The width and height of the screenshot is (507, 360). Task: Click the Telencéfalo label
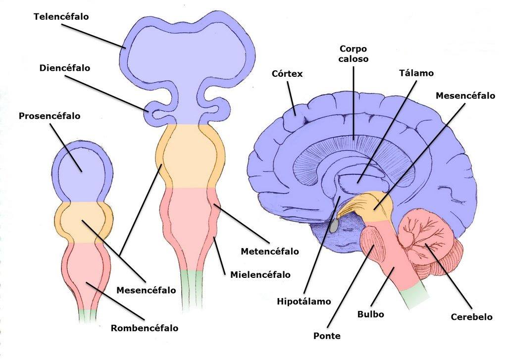pos(61,16)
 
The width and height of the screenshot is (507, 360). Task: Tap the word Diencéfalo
pos(65,68)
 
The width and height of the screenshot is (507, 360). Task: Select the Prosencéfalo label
pos(50,116)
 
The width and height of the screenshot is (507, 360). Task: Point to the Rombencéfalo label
pos(145,328)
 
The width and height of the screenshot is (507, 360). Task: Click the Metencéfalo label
pos(270,252)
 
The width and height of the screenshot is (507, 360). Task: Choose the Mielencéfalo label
pos(260,275)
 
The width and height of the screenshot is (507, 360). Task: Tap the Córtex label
pos(287,74)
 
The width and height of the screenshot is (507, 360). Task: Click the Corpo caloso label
pos(354,53)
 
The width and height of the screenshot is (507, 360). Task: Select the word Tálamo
pos(416,73)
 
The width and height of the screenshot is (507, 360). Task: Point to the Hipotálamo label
pos(304,302)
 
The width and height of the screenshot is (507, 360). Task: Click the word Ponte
pos(327,336)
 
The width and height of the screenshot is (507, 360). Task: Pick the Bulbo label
pos(370,314)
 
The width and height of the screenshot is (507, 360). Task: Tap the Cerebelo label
pos(471,316)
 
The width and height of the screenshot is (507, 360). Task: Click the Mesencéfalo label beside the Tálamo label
pos(465,96)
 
